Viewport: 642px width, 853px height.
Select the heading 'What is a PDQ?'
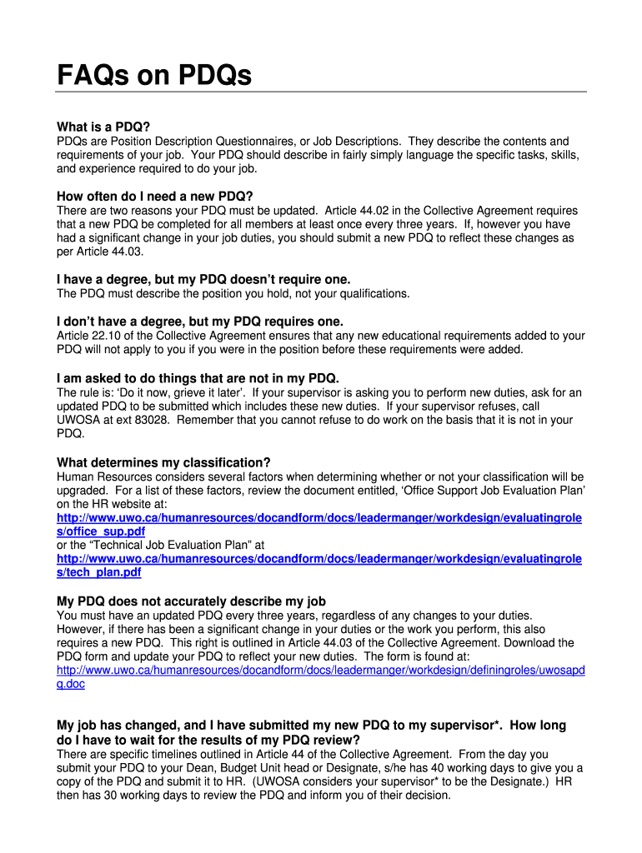pos(103,127)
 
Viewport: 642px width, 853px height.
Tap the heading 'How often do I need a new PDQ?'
pos(154,197)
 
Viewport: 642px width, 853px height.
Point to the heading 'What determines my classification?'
pos(163,462)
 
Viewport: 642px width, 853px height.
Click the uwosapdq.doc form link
pos(320,670)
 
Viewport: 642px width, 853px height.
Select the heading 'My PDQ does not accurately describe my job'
pos(191,601)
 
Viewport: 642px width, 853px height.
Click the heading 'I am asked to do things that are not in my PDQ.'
pos(198,377)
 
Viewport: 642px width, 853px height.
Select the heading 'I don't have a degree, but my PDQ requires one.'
pos(200,321)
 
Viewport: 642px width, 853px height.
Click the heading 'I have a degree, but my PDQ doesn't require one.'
pos(203,279)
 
